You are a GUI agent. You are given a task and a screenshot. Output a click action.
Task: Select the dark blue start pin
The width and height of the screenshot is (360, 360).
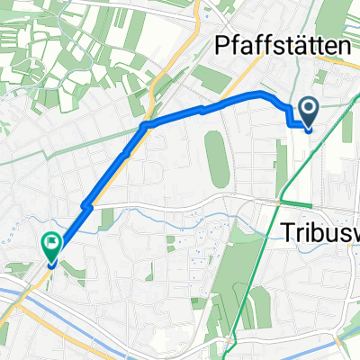point(308,114)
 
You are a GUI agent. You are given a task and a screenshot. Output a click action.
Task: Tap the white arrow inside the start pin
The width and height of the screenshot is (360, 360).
point(308,111)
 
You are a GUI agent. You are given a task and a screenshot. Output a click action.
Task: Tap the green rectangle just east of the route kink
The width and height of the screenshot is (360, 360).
point(107,216)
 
